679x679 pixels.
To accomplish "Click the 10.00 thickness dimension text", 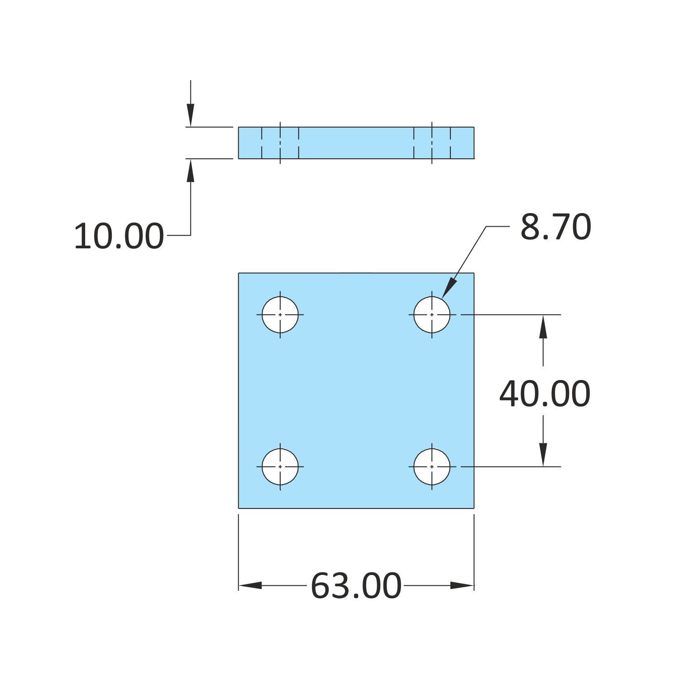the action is coord(119,236).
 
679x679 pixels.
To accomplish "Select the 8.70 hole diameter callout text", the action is coord(555,227).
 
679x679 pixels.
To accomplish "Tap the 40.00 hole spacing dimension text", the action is coord(545,394).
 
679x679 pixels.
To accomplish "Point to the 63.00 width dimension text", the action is coord(356,586).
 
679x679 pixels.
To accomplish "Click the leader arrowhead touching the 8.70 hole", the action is coord(449,288).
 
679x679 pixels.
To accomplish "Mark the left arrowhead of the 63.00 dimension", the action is coord(250,585).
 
